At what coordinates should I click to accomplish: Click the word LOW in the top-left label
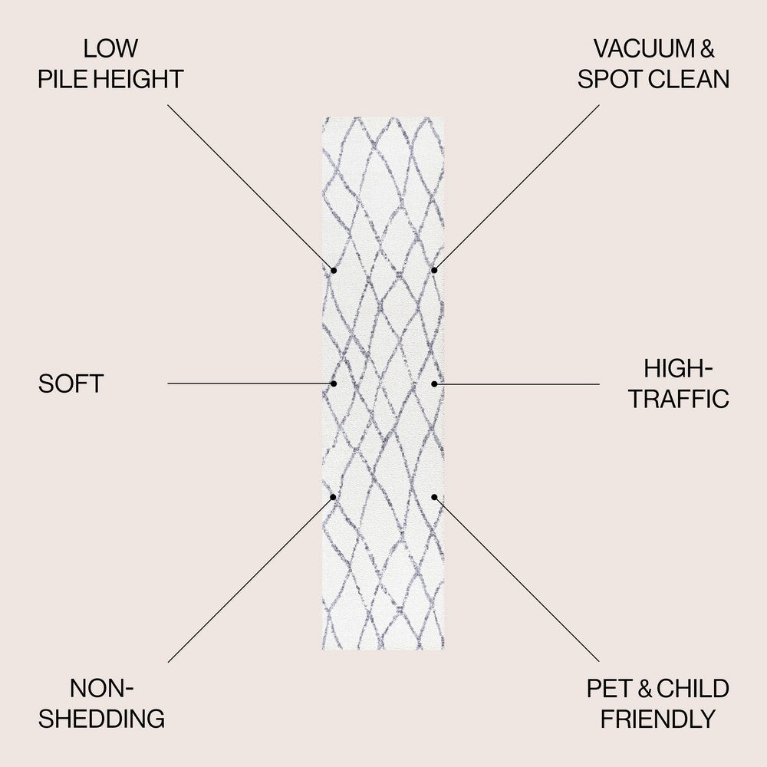[110, 48]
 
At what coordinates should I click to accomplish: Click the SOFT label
[71, 383]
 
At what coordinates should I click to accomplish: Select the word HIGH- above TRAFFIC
[678, 368]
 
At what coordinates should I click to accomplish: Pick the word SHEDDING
[102, 719]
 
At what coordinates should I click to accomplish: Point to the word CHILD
[693, 688]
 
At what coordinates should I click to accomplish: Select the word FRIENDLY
[657, 719]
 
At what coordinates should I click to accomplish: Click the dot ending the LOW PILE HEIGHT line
[334, 270]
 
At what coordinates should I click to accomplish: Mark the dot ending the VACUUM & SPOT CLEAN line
[434, 270]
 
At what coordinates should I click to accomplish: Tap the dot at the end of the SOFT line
[334, 383]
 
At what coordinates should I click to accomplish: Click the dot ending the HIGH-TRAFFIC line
[434, 383]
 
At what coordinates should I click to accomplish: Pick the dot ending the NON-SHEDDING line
[334, 496]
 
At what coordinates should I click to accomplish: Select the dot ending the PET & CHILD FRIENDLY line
[434, 496]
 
